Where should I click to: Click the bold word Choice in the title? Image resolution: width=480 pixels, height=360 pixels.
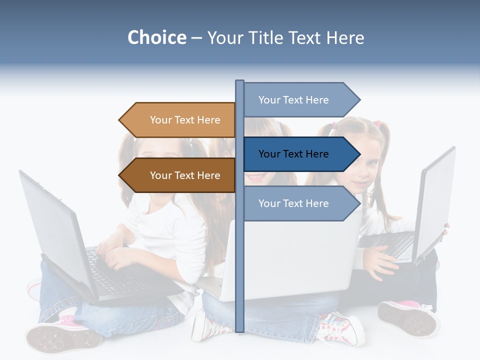click(x=156, y=38)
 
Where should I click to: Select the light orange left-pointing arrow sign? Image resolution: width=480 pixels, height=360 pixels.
click(x=180, y=120)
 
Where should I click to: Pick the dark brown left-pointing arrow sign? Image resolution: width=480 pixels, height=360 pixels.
click(x=180, y=175)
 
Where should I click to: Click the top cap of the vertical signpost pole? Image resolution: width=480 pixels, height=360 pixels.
click(x=239, y=81)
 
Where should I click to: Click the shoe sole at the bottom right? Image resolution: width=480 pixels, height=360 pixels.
click(x=407, y=317)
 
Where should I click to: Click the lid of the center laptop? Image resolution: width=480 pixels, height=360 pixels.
click(x=290, y=260)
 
